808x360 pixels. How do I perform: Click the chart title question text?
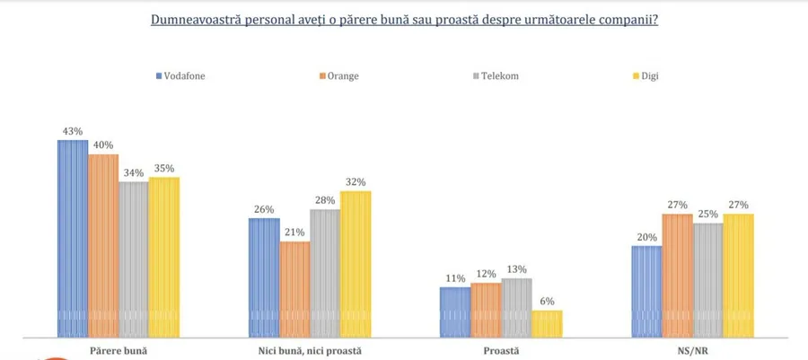(404, 18)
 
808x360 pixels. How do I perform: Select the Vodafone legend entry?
(181, 76)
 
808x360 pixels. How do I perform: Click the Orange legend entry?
(338, 76)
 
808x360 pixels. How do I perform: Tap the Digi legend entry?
(649, 76)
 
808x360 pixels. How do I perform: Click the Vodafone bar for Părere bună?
(73, 238)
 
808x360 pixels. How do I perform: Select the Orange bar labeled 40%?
(103, 245)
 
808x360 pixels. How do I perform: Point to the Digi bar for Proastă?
(547, 323)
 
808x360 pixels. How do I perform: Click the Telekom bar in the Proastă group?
(516, 307)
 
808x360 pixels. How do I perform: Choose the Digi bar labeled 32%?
(356, 264)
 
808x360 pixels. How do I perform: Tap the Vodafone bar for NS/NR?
(646, 291)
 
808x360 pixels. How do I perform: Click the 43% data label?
(73, 131)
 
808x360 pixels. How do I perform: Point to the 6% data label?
(547, 302)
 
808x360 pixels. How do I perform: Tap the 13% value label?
(516, 269)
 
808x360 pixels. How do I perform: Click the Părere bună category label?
(119, 350)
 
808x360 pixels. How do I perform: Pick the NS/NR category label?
(692, 350)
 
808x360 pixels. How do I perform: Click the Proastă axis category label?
(500, 350)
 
